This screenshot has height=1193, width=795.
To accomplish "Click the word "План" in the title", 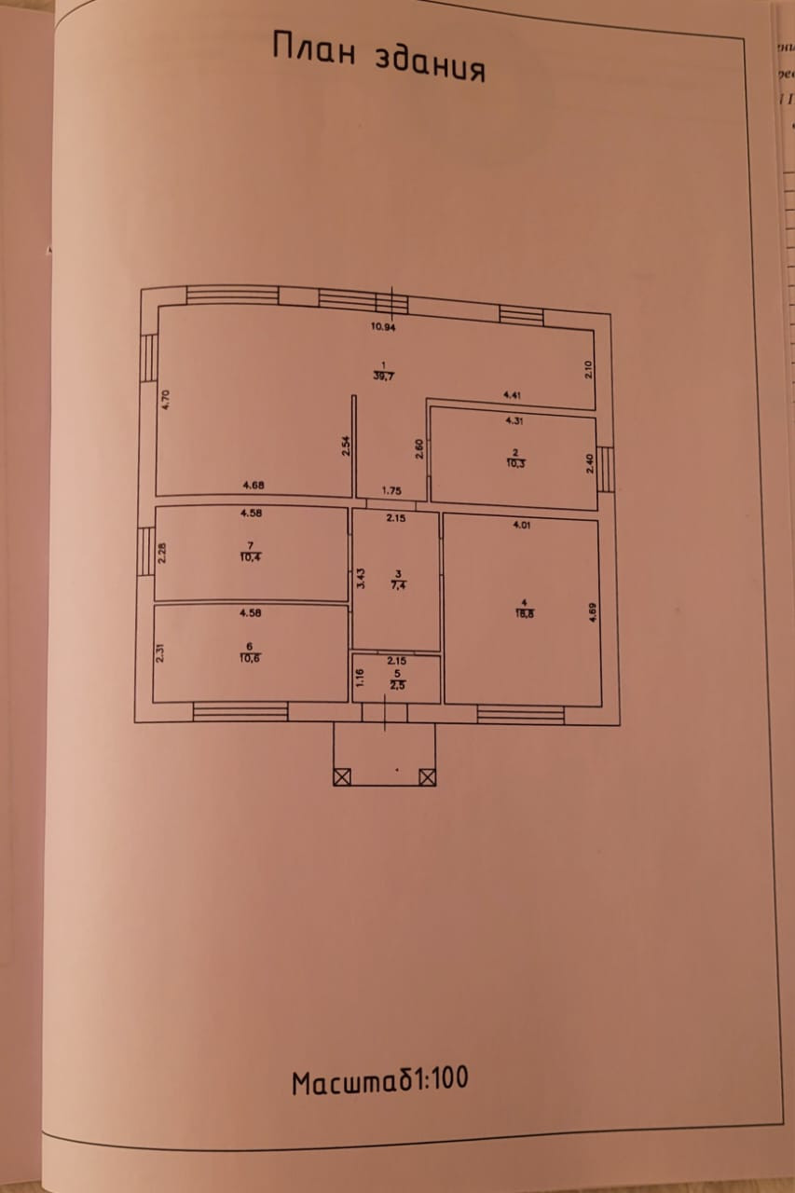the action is click(x=314, y=48).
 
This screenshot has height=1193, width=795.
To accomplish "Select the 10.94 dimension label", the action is click(x=383, y=327).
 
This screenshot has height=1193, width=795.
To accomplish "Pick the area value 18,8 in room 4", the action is click(x=524, y=613).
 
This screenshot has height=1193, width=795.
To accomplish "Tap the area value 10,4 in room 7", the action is click(x=249, y=556).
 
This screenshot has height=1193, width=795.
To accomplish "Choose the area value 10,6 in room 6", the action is click(x=248, y=656).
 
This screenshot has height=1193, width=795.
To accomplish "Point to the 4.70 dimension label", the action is click(x=165, y=400).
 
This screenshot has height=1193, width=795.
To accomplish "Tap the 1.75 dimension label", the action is click(x=392, y=490).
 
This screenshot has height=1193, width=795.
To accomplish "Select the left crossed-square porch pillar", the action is click(x=341, y=775).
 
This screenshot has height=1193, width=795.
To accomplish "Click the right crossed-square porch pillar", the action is click(x=427, y=775).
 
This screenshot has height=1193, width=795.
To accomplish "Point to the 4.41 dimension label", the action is click(x=512, y=395).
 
